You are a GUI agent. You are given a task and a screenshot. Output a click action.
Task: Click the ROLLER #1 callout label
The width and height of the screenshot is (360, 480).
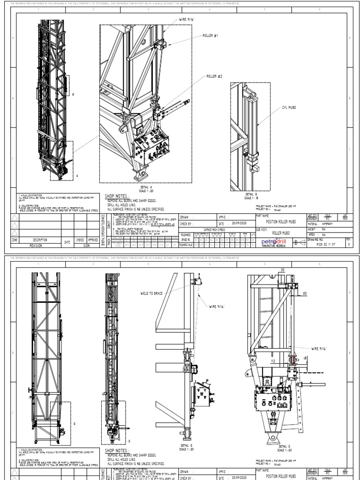(x=210, y=36)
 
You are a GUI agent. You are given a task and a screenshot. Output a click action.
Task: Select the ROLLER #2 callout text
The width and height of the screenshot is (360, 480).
(x=215, y=76)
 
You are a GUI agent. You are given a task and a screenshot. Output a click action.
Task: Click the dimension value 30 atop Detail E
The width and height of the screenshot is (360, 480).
(x=282, y=270)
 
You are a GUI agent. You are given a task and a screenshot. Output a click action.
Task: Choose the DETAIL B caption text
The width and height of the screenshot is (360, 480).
(x=252, y=195)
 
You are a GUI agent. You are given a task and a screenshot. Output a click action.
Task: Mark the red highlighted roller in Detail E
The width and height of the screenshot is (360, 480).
(x=292, y=360)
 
